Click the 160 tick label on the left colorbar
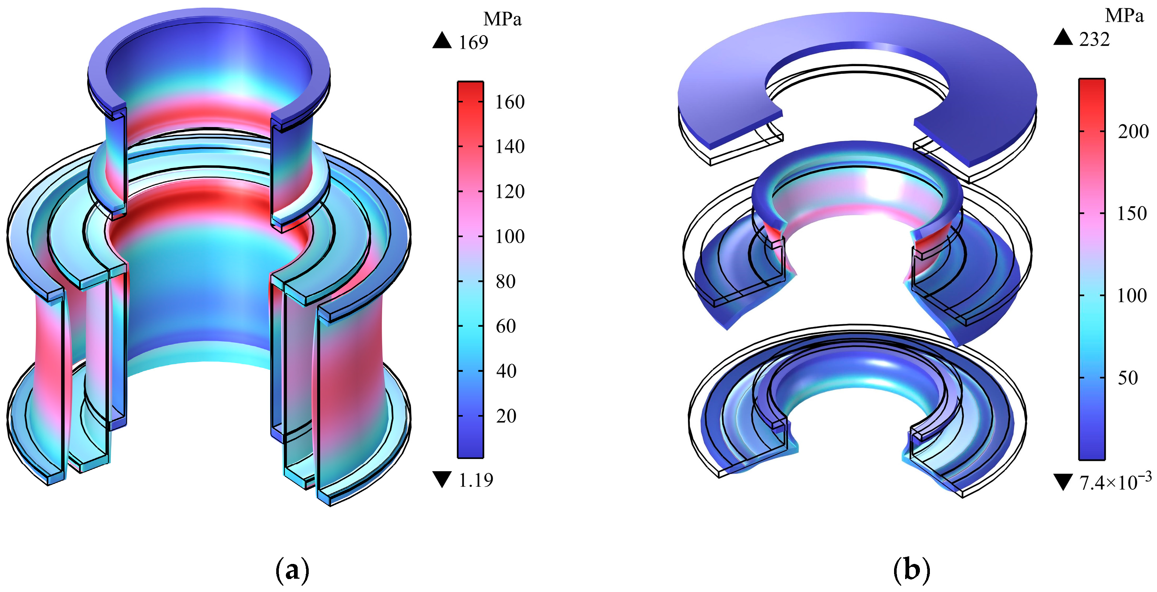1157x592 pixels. click(x=510, y=102)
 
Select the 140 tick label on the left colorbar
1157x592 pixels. click(x=510, y=147)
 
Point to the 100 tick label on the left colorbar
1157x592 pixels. click(x=510, y=237)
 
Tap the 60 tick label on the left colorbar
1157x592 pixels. click(x=506, y=326)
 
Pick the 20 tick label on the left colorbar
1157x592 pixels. click(x=506, y=416)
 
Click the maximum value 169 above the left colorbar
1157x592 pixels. click(x=473, y=43)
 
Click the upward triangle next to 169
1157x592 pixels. click(x=442, y=40)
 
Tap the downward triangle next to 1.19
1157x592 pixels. click(x=442, y=479)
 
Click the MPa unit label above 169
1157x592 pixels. click(x=502, y=19)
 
